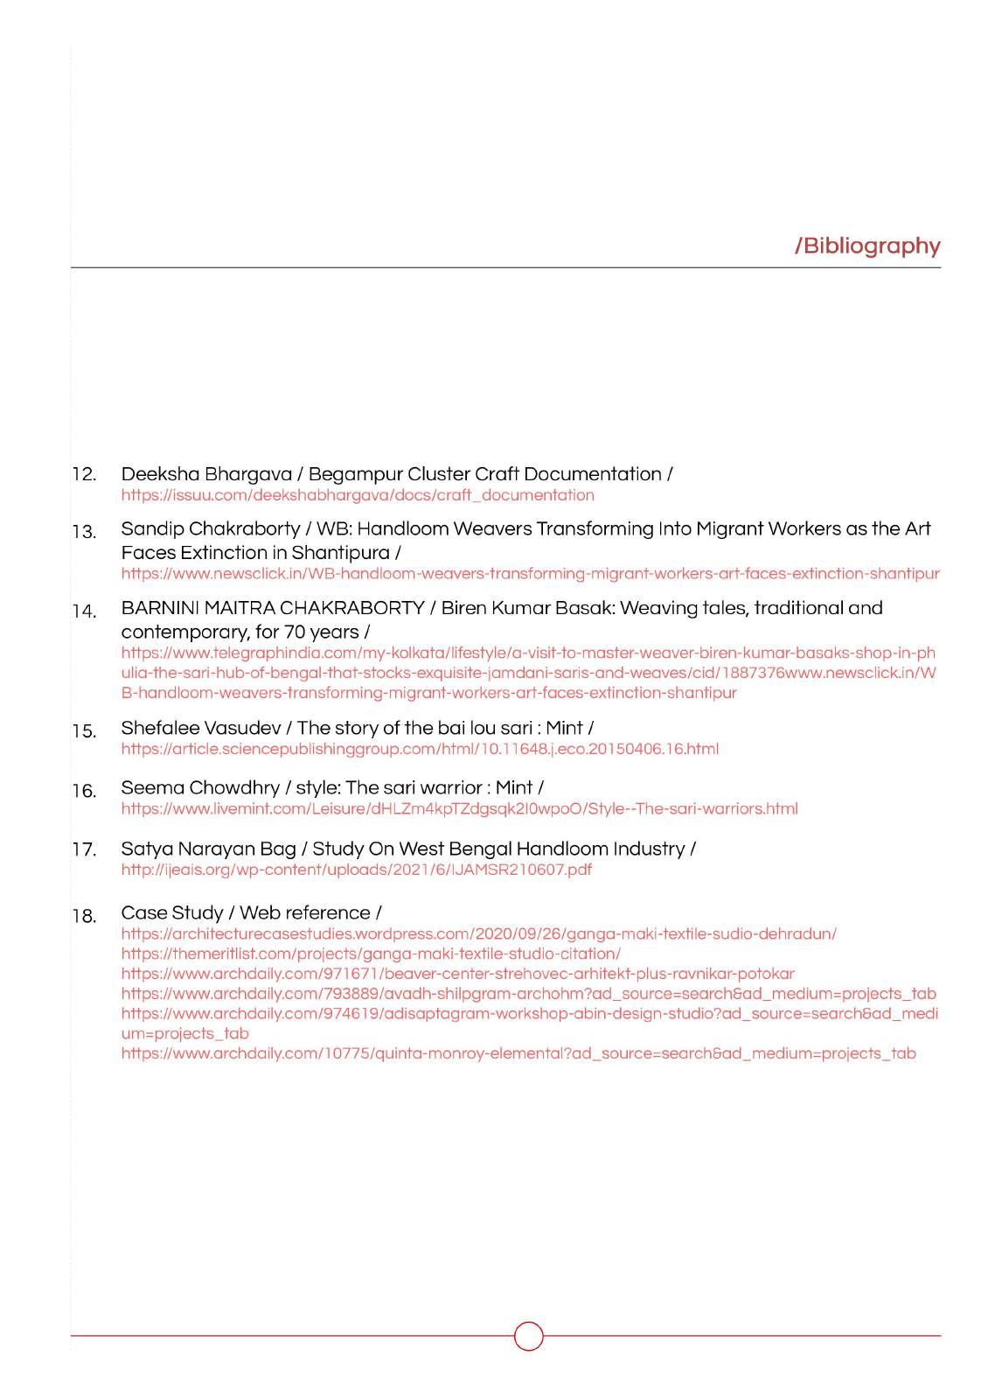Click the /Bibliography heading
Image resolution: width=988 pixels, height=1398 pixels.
click(x=867, y=246)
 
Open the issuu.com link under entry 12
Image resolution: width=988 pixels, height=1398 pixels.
click(x=357, y=495)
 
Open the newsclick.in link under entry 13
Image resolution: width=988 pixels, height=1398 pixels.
click(x=530, y=574)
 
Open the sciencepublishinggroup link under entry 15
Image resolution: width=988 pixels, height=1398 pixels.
click(x=420, y=749)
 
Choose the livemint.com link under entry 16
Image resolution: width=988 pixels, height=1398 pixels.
click(x=459, y=808)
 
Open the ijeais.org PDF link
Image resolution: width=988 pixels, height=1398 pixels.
click(x=356, y=870)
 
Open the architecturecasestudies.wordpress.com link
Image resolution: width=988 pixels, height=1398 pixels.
click(x=478, y=933)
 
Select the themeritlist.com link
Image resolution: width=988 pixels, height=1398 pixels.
click(x=371, y=954)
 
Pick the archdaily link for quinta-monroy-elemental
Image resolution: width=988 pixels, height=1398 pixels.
click(x=518, y=1053)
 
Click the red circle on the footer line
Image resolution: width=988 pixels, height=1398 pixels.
click(x=528, y=1336)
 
